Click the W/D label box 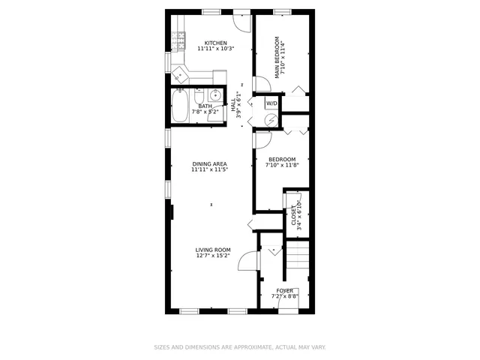pyautogui.click(x=271, y=103)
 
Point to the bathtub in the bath pyautogui.click(x=180, y=106)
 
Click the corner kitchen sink pyautogui.click(x=180, y=73)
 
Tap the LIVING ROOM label pyautogui.click(x=213, y=250)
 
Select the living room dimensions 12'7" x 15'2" pyautogui.click(x=213, y=256)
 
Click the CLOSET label pyautogui.click(x=294, y=214)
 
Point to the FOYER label pyautogui.click(x=285, y=290)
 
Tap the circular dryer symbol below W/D pyautogui.click(x=271, y=118)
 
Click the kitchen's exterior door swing pyautogui.click(x=240, y=21)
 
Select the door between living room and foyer pyautogui.click(x=247, y=261)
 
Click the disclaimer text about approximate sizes pyautogui.click(x=240, y=347)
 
